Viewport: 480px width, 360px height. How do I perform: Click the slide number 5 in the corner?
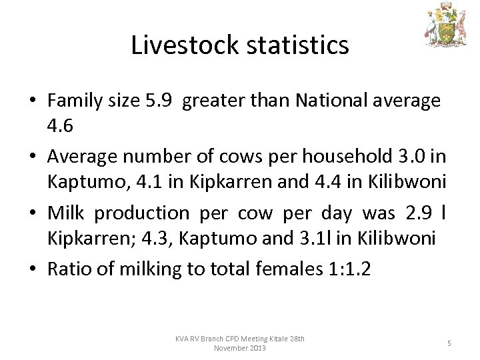[449, 343]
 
